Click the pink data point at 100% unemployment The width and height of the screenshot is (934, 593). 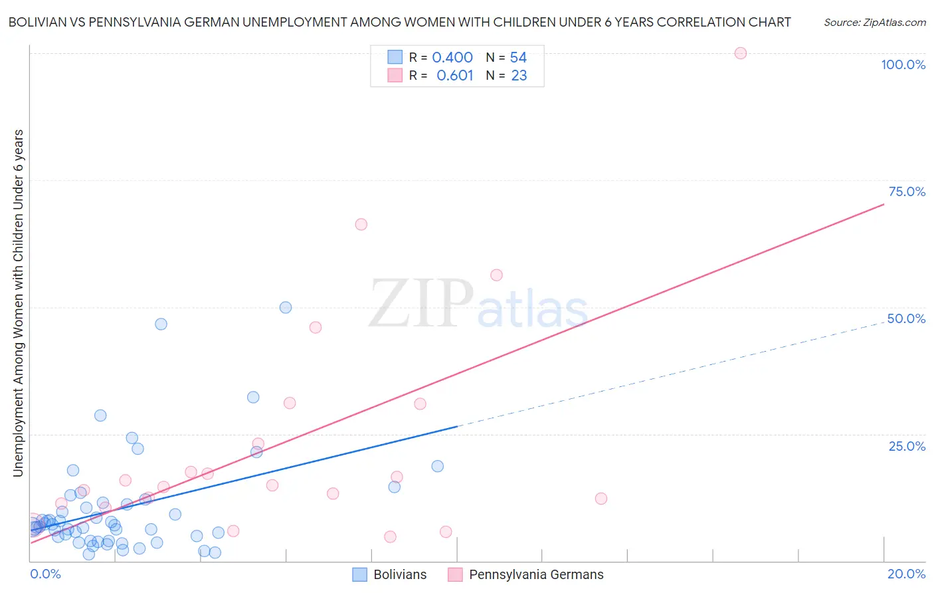(x=740, y=53)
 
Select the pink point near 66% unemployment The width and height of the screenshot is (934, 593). (x=361, y=224)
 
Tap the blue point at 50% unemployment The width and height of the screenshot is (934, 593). (x=286, y=307)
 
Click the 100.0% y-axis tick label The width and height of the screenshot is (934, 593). (x=903, y=64)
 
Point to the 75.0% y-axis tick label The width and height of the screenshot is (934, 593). (x=907, y=191)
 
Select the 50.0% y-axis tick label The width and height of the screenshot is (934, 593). (x=906, y=318)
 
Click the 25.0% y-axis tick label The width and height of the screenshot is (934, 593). (x=907, y=445)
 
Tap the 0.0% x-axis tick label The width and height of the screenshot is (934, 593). (x=45, y=574)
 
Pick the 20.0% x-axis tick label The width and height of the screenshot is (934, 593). (x=906, y=574)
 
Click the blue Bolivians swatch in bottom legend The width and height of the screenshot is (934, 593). (x=359, y=574)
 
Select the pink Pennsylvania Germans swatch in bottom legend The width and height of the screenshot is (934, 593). (x=455, y=574)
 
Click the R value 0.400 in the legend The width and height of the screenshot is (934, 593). (x=452, y=58)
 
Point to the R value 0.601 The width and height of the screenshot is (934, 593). (x=454, y=76)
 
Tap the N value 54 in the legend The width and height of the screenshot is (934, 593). (x=518, y=58)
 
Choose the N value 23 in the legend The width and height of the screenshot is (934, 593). (x=519, y=76)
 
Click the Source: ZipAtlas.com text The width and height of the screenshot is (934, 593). (x=874, y=22)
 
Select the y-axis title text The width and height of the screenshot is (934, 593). (x=18, y=303)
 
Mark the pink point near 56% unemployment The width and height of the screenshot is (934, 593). (x=496, y=275)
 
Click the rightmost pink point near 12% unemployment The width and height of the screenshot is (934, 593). (x=601, y=499)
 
